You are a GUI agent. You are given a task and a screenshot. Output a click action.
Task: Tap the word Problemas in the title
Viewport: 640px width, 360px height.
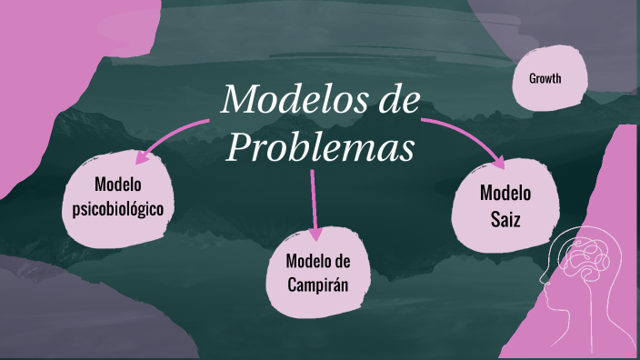coord(322,145)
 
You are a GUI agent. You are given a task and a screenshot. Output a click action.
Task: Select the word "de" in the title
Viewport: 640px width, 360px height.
coord(400,99)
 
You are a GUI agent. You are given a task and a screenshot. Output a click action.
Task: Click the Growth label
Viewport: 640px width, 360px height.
coord(545,78)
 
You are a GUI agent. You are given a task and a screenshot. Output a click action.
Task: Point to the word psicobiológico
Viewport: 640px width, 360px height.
coord(124,209)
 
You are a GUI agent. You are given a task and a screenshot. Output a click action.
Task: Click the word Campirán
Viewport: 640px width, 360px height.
coord(317,284)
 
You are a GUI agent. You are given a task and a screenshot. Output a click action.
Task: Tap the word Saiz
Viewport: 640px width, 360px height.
coord(505,219)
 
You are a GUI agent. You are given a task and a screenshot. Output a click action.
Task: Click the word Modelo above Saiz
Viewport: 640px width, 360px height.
coord(505,193)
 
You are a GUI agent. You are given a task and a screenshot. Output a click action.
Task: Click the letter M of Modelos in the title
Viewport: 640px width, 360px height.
coord(237,99)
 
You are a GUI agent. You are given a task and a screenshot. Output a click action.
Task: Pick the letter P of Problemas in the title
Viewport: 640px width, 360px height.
coord(239,145)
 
